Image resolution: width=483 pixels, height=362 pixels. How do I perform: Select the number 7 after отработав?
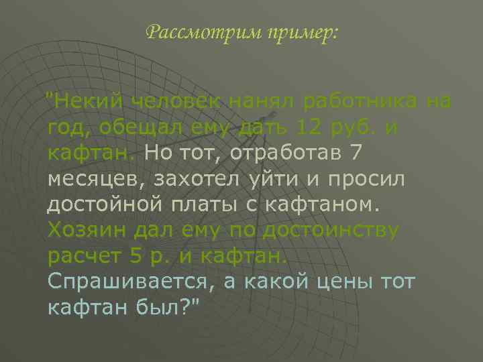tap(356, 153)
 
